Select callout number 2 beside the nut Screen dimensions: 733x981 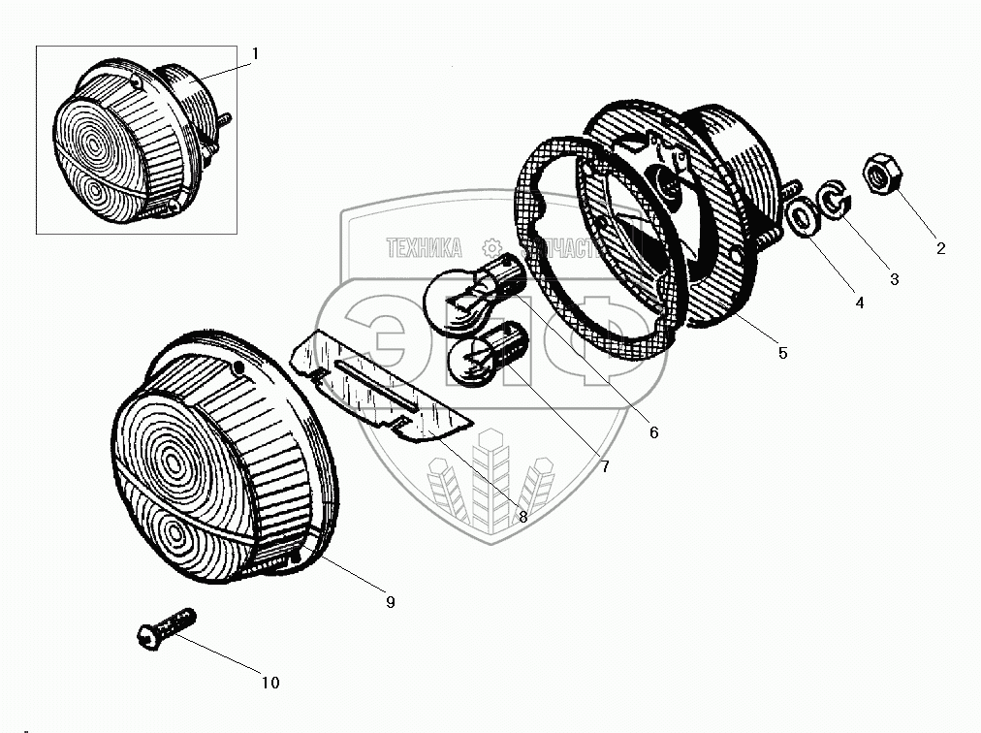[x=939, y=248]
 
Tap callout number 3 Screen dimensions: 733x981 [x=894, y=279]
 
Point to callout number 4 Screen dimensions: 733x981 [x=859, y=303]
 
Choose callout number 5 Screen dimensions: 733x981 [x=782, y=353]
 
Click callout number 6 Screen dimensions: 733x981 [x=653, y=432]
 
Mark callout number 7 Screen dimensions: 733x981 [x=604, y=467]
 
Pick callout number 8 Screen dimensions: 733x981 [x=522, y=517]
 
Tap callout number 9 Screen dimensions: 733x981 [x=390, y=602]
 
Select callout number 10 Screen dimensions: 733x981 [x=270, y=683]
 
